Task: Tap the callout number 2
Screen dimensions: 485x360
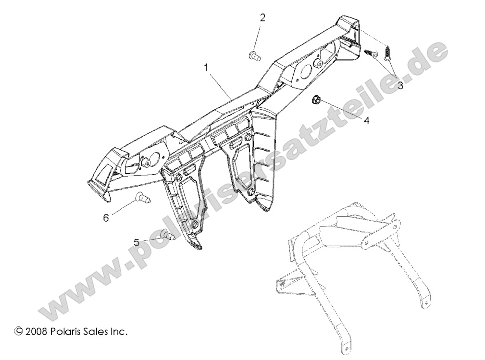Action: [262, 18]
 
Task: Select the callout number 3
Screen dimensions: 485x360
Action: [400, 85]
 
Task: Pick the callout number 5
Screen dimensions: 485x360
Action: [136, 242]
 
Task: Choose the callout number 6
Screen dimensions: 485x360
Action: [106, 217]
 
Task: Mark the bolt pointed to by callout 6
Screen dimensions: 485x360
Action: [143, 197]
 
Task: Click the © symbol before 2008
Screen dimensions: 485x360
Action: [19, 330]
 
